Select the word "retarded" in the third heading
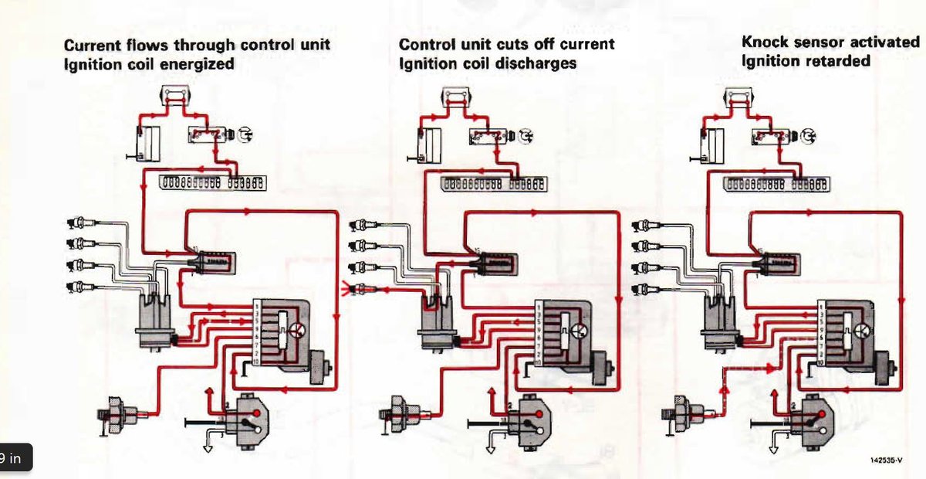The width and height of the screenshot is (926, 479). coord(839,60)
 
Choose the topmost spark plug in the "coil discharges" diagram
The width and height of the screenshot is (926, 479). coord(364,226)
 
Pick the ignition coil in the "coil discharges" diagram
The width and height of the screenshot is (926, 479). coord(494,265)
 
